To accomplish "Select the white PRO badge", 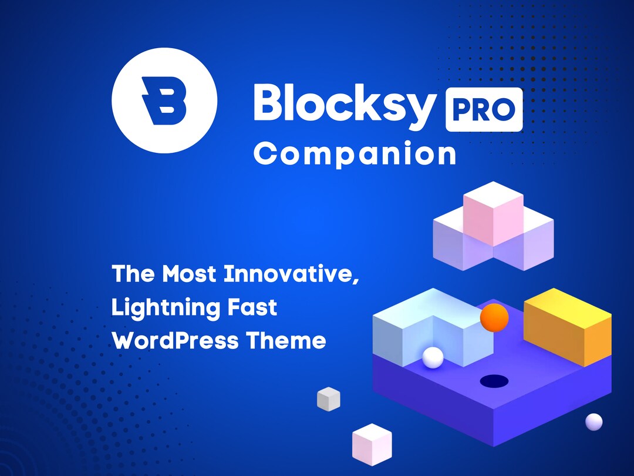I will (x=484, y=109).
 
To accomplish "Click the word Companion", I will (x=355, y=154).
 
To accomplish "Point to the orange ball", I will (x=494, y=318).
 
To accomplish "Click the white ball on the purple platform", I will (x=433, y=357).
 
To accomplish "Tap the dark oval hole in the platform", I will (x=494, y=381).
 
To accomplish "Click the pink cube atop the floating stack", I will (x=493, y=212).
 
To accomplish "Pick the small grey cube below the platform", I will (x=329, y=399).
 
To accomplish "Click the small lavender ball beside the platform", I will (x=594, y=421).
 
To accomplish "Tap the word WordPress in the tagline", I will (x=175, y=341).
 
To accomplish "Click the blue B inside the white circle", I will (x=164, y=102).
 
